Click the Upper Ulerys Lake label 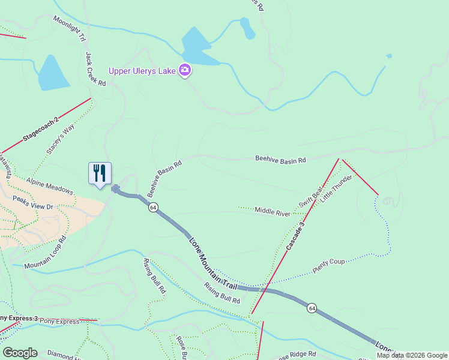[142, 71]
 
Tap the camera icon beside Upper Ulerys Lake [185, 71]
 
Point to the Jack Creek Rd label [95, 69]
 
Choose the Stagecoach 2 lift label [41, 130]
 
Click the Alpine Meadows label [50, 187]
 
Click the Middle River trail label [273, 210]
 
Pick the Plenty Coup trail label [328, 266]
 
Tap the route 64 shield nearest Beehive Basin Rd [154, 207]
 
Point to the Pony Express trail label [59, 322]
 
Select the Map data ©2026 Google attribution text [412, 355]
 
